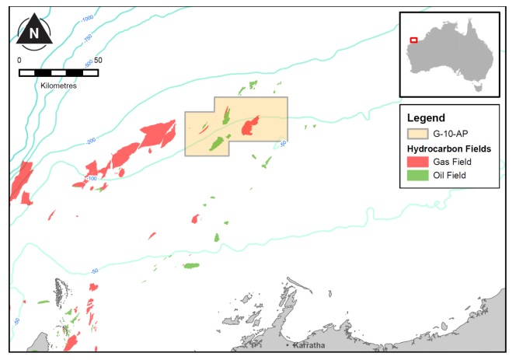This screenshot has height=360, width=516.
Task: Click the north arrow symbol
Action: pos(34,32)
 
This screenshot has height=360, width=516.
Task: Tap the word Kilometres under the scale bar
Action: pos(58,85)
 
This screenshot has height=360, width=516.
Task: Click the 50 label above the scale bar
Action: pos(98,60)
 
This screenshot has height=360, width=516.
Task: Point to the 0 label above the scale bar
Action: pos(19,60)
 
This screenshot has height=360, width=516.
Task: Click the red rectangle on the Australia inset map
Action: pos(413,40)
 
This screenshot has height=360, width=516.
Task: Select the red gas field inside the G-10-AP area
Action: pos(250,125)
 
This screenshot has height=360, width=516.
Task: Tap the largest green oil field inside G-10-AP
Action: pos(218,144)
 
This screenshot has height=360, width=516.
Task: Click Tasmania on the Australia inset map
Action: pos(479,88)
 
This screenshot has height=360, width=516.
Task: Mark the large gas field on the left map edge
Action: pos(21,180)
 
